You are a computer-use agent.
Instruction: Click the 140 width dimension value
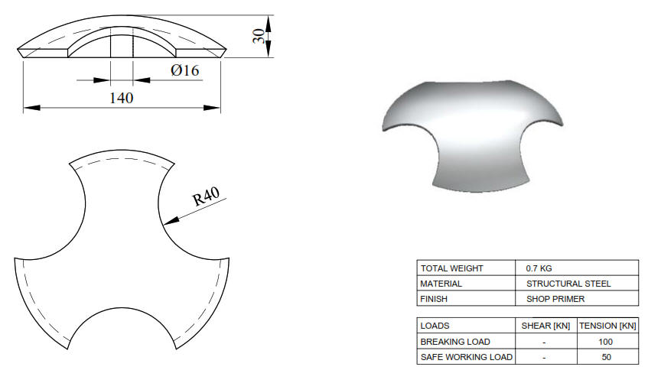[x=122, y=98]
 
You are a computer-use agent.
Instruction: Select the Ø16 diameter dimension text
[x=185, y=71]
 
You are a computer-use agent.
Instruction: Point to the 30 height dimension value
[x=260, y=36]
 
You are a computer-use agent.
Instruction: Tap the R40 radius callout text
[x=206, y=196]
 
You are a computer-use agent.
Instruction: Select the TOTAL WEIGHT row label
[x=453, y=268]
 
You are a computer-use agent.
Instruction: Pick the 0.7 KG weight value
[x=540, y=268]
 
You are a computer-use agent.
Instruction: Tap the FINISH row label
[x=434, y=298]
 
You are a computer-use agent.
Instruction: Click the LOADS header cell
[x=435, y=326]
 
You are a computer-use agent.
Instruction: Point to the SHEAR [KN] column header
[x=545, y=326]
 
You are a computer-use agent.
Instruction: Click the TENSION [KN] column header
[x=607, y=326]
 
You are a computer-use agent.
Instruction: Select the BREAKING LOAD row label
[x=455, y=341]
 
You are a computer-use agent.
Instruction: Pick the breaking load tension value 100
[x=607, y=341]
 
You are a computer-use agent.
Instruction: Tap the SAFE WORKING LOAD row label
[x=466, y=356]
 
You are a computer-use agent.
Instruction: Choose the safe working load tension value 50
[x=607, y=356]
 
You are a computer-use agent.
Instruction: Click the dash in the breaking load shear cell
[x=545, y=341]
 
